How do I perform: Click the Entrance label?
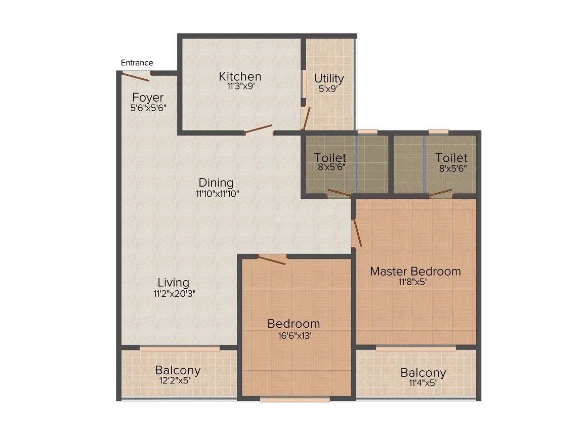pos(137,63)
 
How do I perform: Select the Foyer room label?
pos(148,97)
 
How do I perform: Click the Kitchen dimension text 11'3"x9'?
pos(240,86)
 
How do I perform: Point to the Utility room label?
pos(329,78)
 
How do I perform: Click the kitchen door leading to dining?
pos(259,129)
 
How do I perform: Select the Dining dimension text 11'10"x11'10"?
pos(216,193)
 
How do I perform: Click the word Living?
pos(173,283)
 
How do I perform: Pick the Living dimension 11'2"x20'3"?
pos(175,293)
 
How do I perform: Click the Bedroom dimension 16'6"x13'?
pos(293,334)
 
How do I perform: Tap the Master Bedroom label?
pos(415,271)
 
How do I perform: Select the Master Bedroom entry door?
pos(357,233)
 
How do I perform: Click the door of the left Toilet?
pos(339,193)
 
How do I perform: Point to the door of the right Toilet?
pos(440,193)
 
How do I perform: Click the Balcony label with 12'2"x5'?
pos(178,370)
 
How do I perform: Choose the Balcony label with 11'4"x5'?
pos(423,373)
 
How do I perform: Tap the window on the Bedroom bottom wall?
pos(295,399)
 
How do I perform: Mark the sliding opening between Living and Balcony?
pos(180,348)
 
